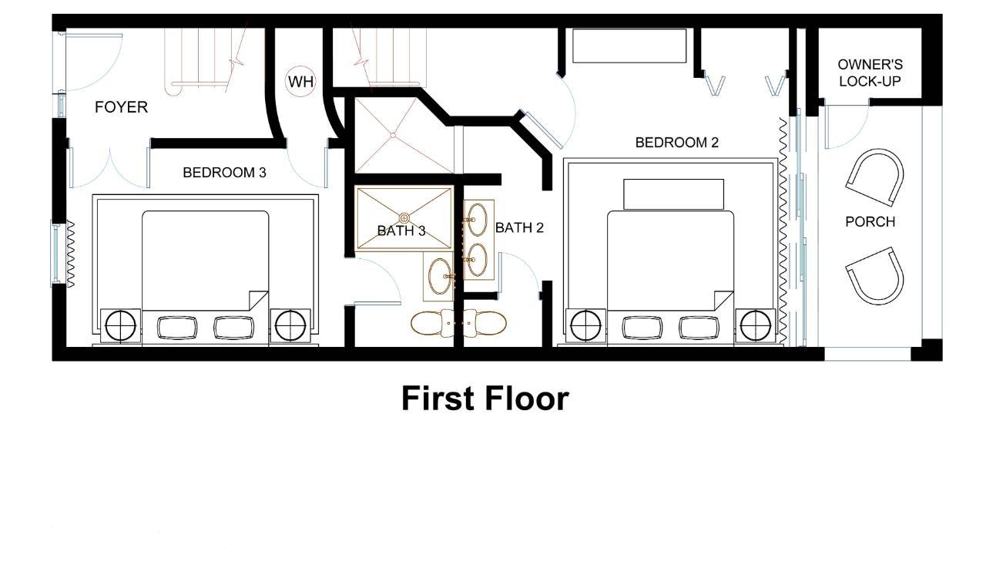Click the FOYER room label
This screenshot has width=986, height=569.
point(121,107)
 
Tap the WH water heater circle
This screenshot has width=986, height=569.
point(300,82)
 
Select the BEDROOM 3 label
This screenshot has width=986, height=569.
point(224,172)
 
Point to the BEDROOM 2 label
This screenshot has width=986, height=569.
point(677,142)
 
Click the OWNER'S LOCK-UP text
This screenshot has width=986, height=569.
point(870,72)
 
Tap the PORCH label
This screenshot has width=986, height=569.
point(870,221)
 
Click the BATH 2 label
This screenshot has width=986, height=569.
point(519,227)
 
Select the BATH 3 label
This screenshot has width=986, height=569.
point(401,231)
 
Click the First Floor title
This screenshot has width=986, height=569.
point(485,399)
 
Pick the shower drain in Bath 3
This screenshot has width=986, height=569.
point(404,217)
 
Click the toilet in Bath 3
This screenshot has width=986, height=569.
point(432,323)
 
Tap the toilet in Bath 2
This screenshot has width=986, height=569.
point(485,323)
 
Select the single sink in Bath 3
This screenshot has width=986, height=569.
point(440,276)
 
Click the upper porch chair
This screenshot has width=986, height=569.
point(875,177)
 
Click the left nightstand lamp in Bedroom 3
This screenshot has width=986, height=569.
point(121,326)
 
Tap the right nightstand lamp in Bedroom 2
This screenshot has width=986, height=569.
point(756,326)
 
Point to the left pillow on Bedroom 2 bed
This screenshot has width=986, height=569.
point(642,328)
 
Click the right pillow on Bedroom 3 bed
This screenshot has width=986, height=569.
point(233,328)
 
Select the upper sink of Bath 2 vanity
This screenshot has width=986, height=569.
point(477,220)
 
